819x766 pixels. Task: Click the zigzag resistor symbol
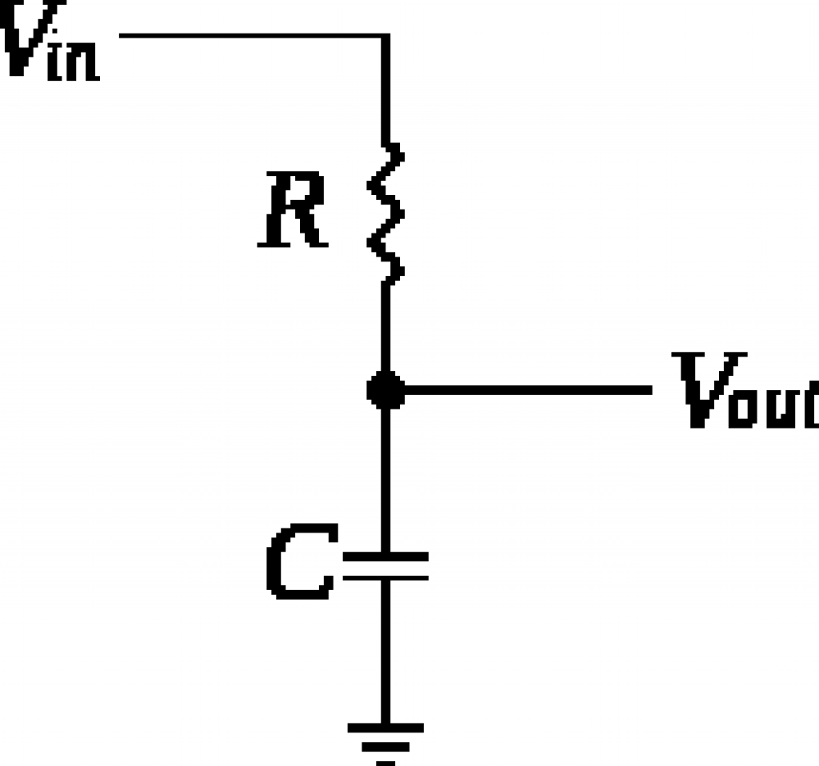pyautogui.click(x=386, y=212)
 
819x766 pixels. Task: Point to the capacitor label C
pyautogui.click(x=298, y=564)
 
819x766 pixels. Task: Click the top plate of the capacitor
pyautogui.click(x=386, y=555)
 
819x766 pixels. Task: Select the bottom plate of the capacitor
pyautogui.click(x=386, y=576)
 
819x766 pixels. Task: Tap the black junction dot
pyautogui.click(x=386, y=391)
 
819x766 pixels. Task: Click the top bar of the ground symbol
pyautogui.click(x=386, y=728)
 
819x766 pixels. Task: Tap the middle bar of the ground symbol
pyautogui.click(x=386, y=747)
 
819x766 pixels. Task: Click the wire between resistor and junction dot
pyautogui.click(x=386, y=328)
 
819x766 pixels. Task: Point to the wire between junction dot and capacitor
pyautogui.click(x=386, y=480)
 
